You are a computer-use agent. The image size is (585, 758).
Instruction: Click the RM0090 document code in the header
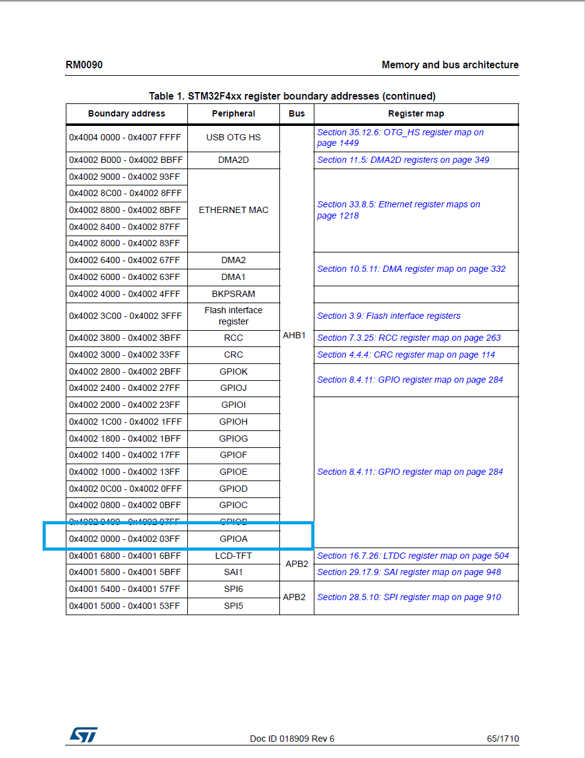pyautogui.click(x=84, y=65)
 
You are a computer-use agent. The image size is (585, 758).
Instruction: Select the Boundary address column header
pyautogui.click(x=127, y=114)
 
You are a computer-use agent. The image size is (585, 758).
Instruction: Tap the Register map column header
pyautogui.click(x=416, y=114)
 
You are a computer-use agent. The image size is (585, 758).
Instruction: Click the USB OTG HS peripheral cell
pyautogui.click(x=234, y=138)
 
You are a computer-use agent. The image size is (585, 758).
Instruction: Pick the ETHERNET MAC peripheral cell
pyautogui.click(x=234, y=210)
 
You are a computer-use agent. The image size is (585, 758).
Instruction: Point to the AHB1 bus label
pyautogui.click(x=294, y=336)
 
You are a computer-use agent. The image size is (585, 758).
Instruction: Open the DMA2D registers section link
pyautogui.click(x=403, y=160)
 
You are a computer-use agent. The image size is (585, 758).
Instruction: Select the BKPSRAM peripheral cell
pyautogui.click(x=234, y=294)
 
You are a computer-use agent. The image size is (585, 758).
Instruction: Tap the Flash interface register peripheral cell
pyautogui.click(x=234, y=316)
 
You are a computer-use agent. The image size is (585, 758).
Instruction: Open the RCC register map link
pyautogui.click(x=409, y=338)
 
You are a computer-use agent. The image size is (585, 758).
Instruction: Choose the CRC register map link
pyautogui.click(x=406, y=355)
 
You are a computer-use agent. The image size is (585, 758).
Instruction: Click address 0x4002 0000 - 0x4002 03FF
pyautogui.click(x=125, y=539)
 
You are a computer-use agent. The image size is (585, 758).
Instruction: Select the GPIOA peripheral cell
pyautogui.click(x=234, y=539)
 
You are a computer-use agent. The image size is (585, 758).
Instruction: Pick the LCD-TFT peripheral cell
pyautogui.click(x=234, y=556)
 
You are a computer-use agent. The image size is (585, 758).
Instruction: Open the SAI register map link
pyautogui.click(x=409, y=573)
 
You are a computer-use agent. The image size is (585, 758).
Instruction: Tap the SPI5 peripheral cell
pyautogui.click(x=234, y=606)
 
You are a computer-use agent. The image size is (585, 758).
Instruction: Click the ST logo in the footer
pyautogui.click(x=83, y=735)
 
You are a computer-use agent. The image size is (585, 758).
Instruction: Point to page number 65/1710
pyautogui.click(x=503, y=739)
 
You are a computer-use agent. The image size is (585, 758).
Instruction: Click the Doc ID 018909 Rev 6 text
pyautogui.click(x=292, y=739)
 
